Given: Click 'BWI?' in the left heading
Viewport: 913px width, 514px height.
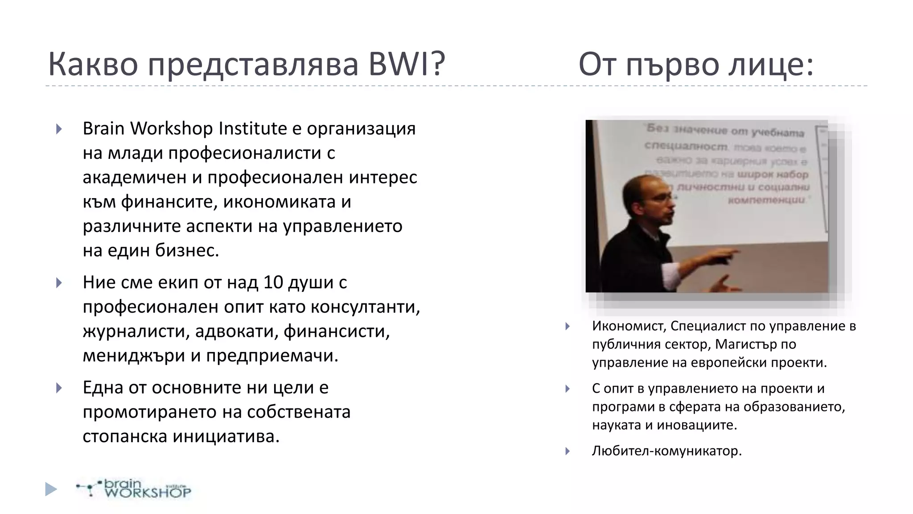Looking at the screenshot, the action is (x=407, y=64).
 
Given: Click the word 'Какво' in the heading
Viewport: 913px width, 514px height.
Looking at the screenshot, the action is (x=93, y=64).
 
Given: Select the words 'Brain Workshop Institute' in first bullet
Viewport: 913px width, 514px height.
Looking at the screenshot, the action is (x=185, y=128).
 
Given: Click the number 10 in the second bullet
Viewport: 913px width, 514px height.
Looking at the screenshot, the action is (x=273, y=282).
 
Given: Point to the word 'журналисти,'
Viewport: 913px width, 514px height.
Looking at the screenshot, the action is (x=135, y=331).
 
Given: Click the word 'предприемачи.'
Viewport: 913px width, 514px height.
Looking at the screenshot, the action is (x=272, y=356).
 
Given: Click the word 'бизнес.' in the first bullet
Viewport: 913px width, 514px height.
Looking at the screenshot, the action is (x=187, y=250).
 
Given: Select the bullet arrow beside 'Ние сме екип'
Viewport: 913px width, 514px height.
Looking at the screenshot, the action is (x=59, y=283).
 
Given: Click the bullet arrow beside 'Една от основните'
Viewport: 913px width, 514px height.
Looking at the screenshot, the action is (x=59, y=388).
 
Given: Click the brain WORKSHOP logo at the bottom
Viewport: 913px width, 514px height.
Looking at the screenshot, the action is (x=134, y=489).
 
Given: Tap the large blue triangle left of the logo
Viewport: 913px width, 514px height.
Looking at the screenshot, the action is (x=51, y=489).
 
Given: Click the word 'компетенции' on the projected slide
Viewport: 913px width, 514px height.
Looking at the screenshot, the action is (x=767, y=200).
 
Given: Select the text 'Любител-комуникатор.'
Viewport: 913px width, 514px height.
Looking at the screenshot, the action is (x=666, y=451).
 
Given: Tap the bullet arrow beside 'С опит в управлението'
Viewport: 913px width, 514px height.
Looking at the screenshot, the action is (x=568, y=389).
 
